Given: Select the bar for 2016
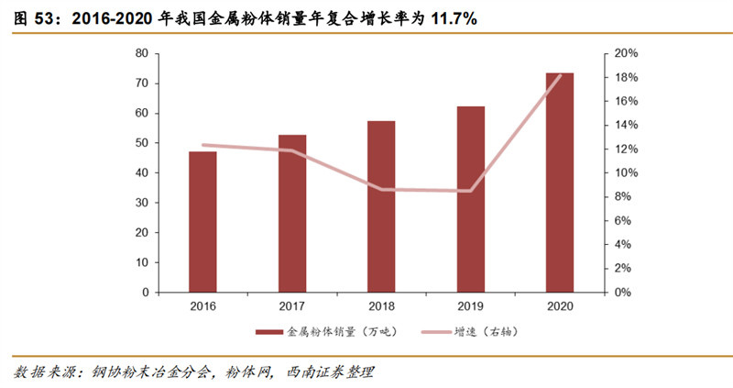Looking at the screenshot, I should pos(202,222).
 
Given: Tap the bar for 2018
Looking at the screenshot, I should pos(381,206).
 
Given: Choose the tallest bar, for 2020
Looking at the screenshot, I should pos(560,183).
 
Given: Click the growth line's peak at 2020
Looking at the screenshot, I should pos(561,75).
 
